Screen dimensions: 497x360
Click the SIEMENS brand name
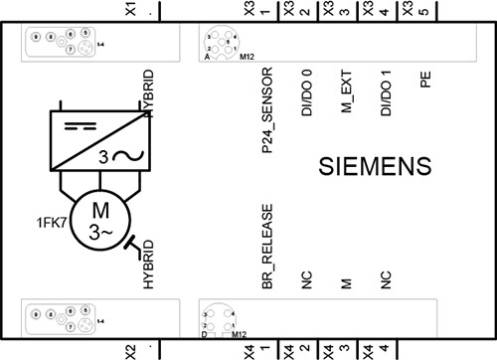coord(377,165)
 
